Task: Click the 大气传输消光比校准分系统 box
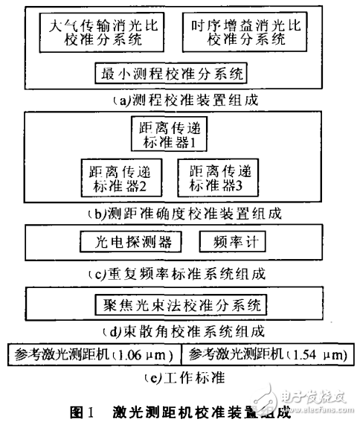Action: [94, 32]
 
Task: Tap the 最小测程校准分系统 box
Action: [172, 74]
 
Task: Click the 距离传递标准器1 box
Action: [170, 134]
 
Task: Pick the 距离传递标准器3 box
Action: [219, 176]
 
